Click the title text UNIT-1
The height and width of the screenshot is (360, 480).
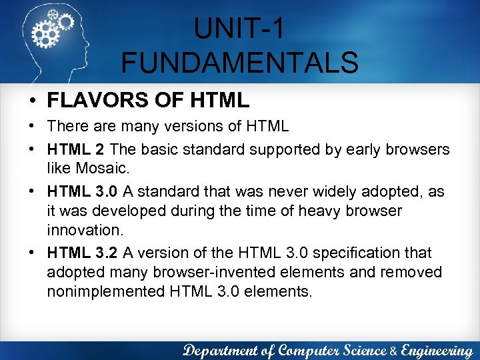[239, 29]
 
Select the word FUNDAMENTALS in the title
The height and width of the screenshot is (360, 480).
[239, 63]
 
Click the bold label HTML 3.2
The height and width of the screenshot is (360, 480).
[82, 253]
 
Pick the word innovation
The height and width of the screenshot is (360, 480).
[84, 229]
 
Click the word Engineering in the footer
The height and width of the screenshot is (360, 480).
[437, 349]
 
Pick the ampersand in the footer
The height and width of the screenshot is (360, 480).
[393, 350]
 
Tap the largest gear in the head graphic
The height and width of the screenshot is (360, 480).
[46, 31]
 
